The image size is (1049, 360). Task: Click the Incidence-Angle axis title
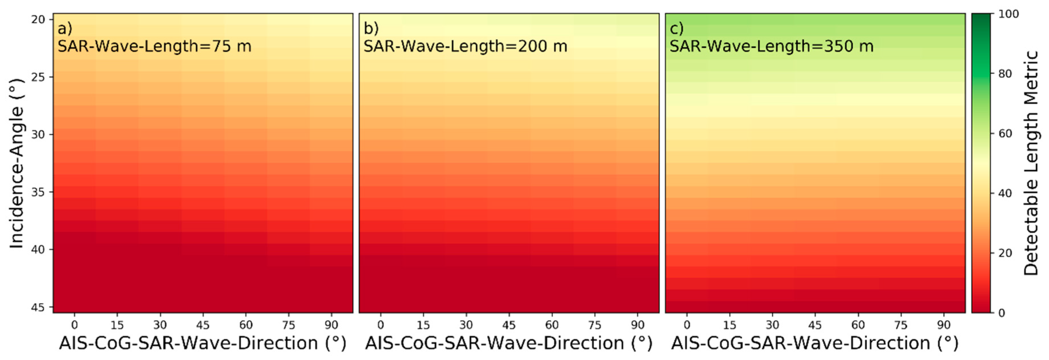pyautogui.click(x=16, y=163)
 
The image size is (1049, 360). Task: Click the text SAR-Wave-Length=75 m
pyautogui.click(x=154, y=47)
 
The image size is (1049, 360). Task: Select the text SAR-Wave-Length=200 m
pyautogui.click(x=465, y=47)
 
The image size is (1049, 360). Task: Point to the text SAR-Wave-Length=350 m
pyautogui.click(x=772, y=47)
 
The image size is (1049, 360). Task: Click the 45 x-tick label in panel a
pyautogui.click(x=203, y=325)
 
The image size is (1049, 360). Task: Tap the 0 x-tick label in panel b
pyautogui.click(x=380, y=325)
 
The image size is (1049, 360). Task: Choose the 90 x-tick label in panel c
pyautogui.click(x=944, y=325)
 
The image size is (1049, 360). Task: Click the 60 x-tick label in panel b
pyautogui.click(x=552, y=325)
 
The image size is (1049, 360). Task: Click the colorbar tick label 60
pyautogui.click(x=1006, y=133)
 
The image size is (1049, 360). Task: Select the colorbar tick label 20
pyautogui.click(x=1006, y=253)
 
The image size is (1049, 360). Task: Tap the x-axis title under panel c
pyautogui.click(x=814, y=343)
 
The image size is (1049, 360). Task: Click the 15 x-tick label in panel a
pyautogui.click(x=117, y=325)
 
